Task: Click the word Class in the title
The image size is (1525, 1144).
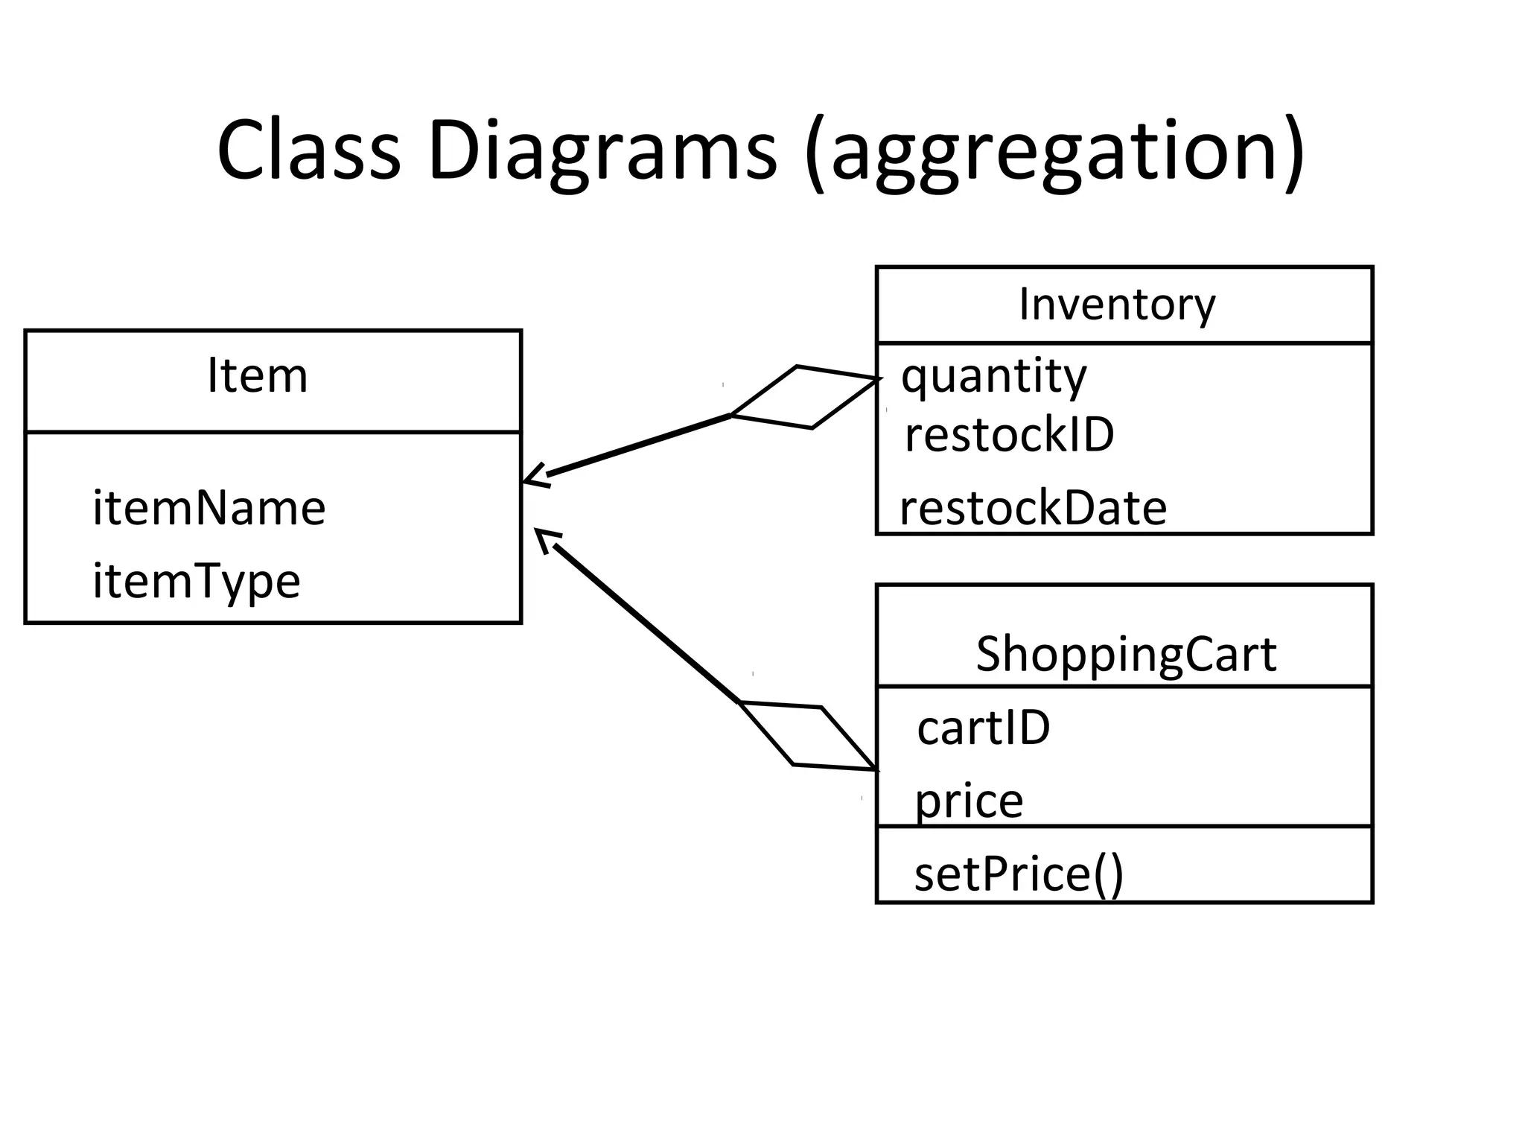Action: click(x=308, y=150)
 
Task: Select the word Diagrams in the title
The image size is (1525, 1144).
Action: click(x=602, y=150)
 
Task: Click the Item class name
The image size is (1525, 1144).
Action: click(x=257, y=376)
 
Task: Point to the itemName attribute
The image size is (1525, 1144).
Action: click(x=209, y=508)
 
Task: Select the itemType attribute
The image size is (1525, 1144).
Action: click(x=197, y=582)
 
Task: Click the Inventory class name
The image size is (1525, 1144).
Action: click(x=1117, y=305)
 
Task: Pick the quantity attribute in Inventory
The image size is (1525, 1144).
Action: click(x=994, y=376)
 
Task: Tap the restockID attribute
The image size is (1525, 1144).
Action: click(x=1009, y=435)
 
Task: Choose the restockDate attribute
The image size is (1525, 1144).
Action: click(x=1033, y=509)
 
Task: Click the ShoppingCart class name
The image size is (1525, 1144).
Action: click(x=1126, y=655)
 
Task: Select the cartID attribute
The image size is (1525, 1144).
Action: click(x=983, y=728)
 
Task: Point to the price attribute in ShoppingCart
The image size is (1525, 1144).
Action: click(x=969, y=801)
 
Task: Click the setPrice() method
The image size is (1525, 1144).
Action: click(x=1018, y=874)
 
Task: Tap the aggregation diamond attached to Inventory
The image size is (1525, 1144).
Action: click(x=805, y=397)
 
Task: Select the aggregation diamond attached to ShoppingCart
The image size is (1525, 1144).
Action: click(x=809, y=735)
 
